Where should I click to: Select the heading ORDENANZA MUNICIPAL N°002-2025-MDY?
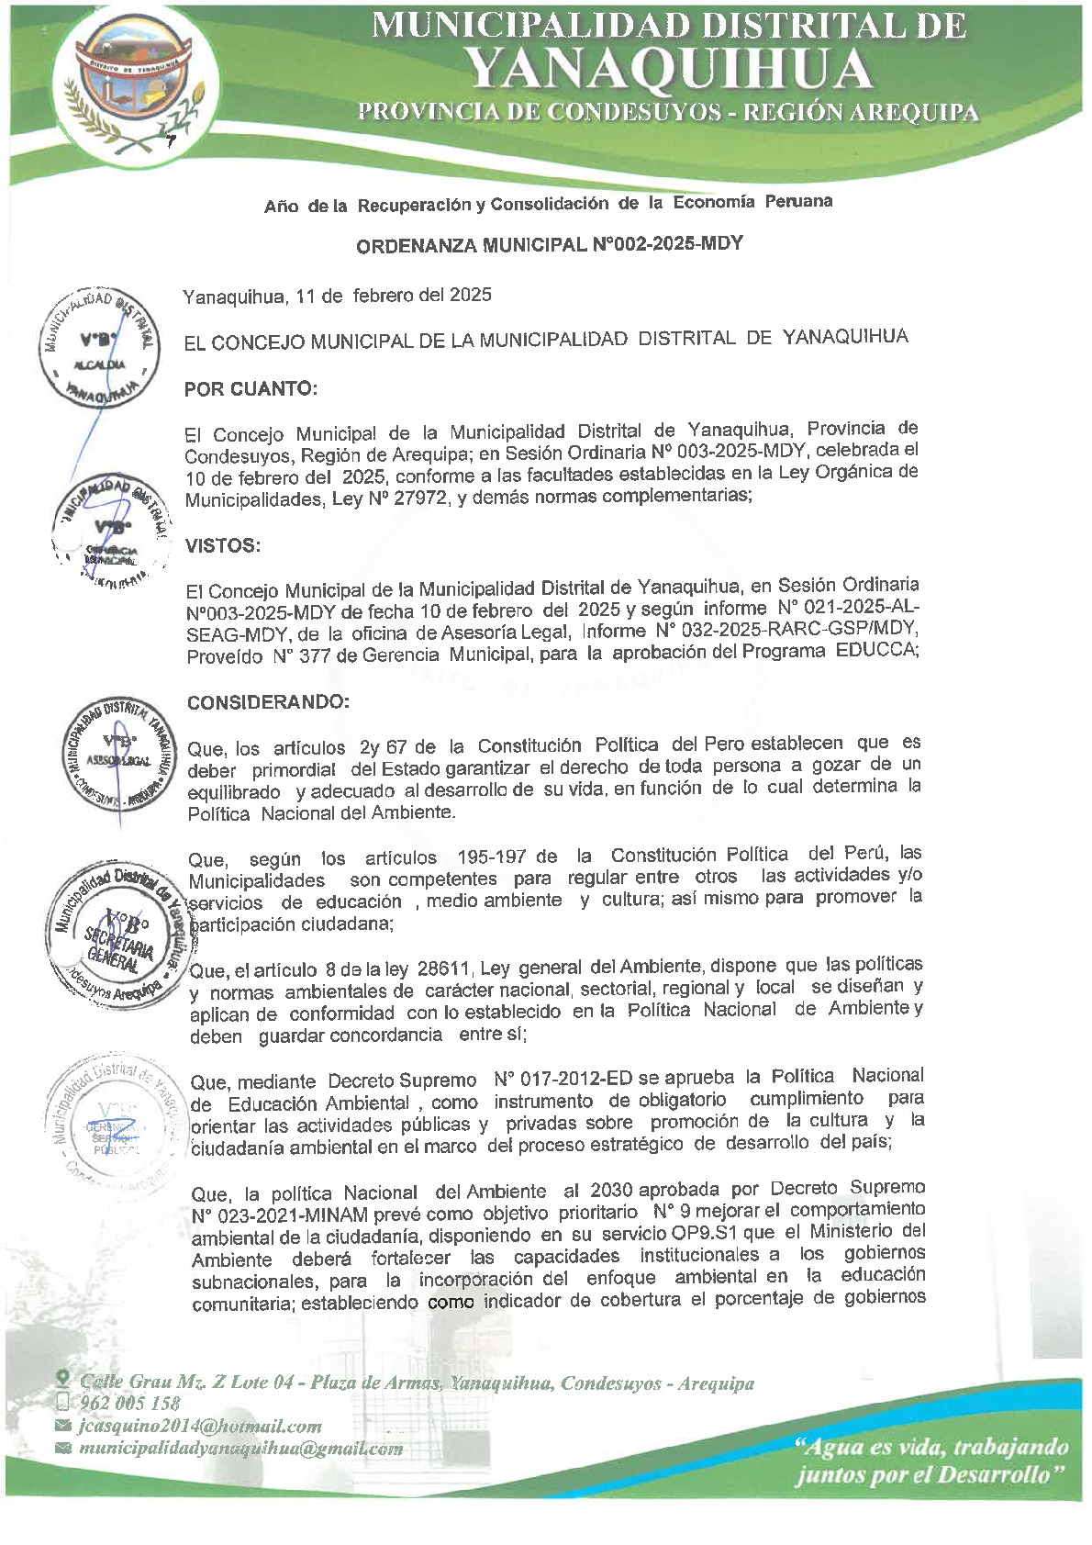coord(549,245)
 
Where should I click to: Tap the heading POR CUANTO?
coord(251,389)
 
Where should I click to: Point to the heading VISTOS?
coord(223,546)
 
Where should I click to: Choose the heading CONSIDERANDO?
coord(268,703)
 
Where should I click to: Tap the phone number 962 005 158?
coord(130,1404)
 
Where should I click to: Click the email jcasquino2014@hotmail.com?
coord(200,1427)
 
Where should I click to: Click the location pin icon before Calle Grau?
coord(62,1380)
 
